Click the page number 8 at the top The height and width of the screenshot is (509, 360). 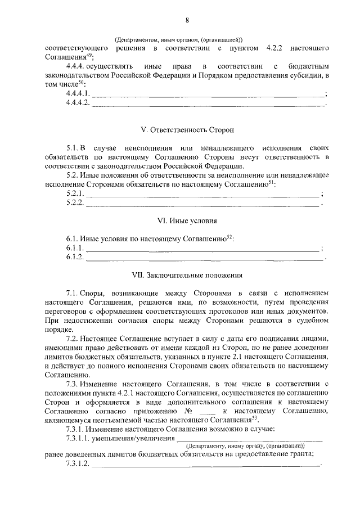coord(186,21)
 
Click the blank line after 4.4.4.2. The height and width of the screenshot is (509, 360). coord(208,105)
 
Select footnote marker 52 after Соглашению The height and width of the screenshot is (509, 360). coord(229,236)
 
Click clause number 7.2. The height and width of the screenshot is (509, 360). coord(73,339)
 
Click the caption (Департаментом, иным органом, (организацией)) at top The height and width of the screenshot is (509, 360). coord(178,40)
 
